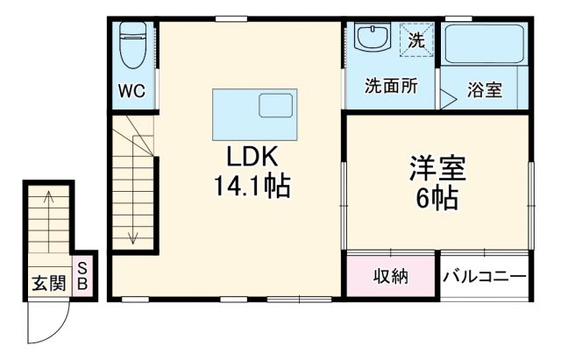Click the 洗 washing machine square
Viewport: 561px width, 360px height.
coord(416,39)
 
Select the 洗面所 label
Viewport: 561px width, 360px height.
coord(391,87)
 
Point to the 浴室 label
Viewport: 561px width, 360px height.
coord(485,90)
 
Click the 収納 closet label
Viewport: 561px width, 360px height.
coord(391,277)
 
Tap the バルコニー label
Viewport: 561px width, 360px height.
coord(485,277)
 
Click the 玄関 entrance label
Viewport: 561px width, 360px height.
coord(48,283)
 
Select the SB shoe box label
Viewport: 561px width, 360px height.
coord(82,277)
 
